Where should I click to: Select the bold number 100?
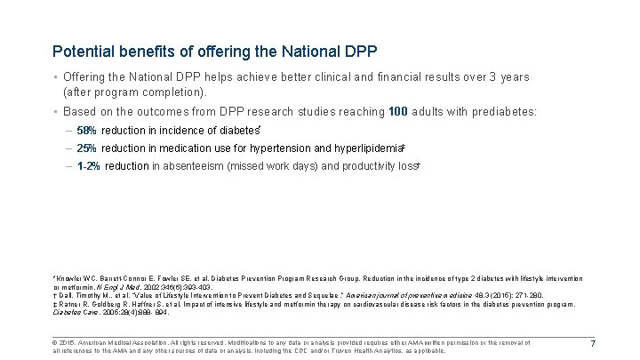pos(399,113)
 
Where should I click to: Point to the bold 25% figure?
pos(87,148)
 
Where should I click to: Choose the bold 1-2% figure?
pos(89,166)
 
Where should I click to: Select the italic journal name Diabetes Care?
pos(72,312)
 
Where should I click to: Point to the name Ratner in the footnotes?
pos(69,304)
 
